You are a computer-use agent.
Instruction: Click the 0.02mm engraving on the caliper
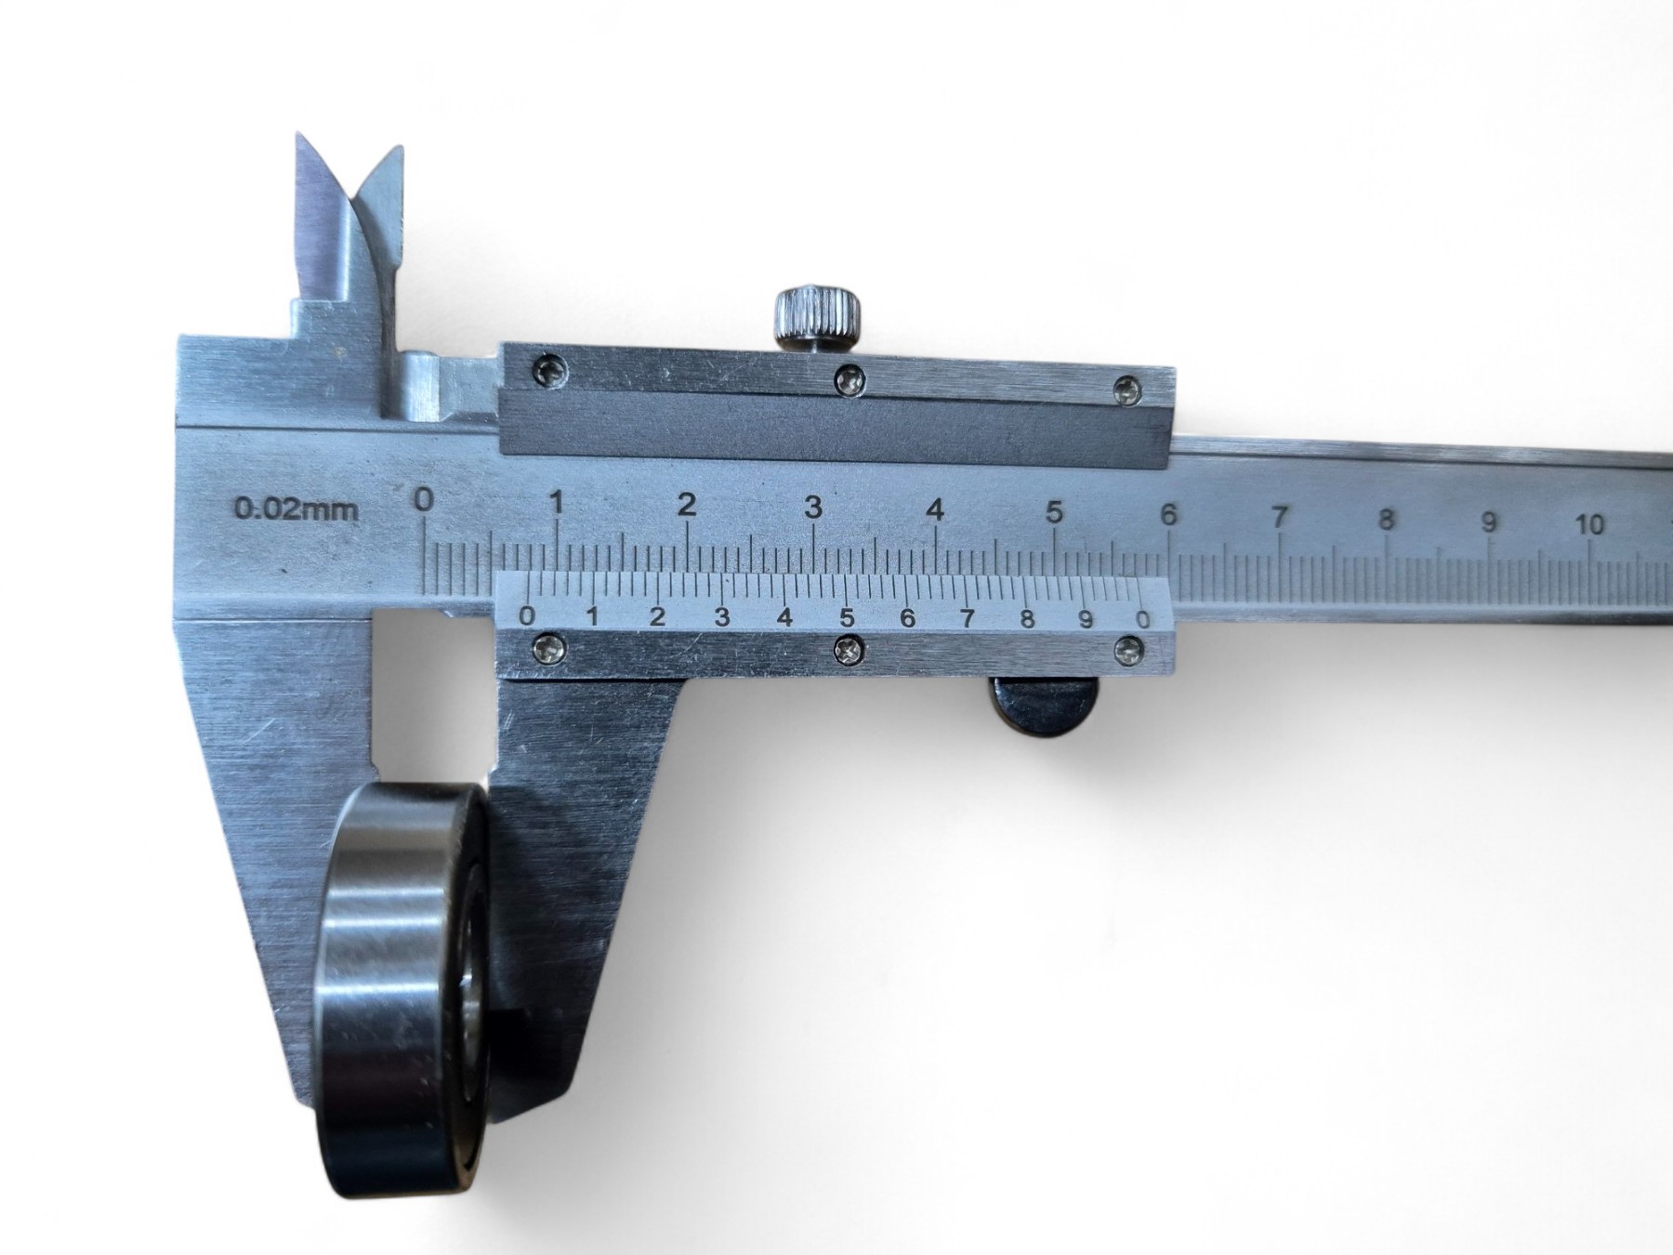(296, 509)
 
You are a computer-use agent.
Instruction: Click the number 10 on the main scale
(1590, 524)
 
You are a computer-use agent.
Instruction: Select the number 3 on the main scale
(813, 508)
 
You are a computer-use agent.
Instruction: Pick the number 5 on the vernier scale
(847, 617)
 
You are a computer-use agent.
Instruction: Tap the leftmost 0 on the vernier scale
(527, 615)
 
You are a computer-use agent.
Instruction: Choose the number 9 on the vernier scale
(1086, 619)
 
